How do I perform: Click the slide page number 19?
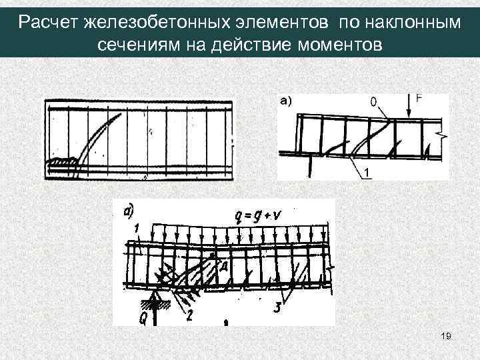447,338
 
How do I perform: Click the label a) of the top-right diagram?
286,101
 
